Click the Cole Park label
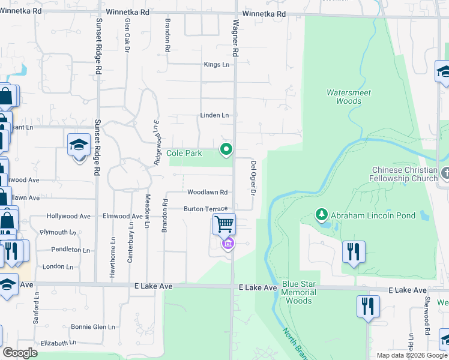(184, 154)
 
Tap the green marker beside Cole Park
(226, 149)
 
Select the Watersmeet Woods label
(349, 97)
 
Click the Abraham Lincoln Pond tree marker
(322, 215)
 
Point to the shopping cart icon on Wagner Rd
(224, 224)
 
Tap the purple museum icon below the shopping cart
(228, 244)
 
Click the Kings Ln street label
(217, 65)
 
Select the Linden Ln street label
(214, 115)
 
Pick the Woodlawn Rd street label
(207, 193)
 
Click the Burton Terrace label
(205, 209)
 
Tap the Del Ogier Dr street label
(253, 178)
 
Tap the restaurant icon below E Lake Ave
(368, 306)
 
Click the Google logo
(20, 353)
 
